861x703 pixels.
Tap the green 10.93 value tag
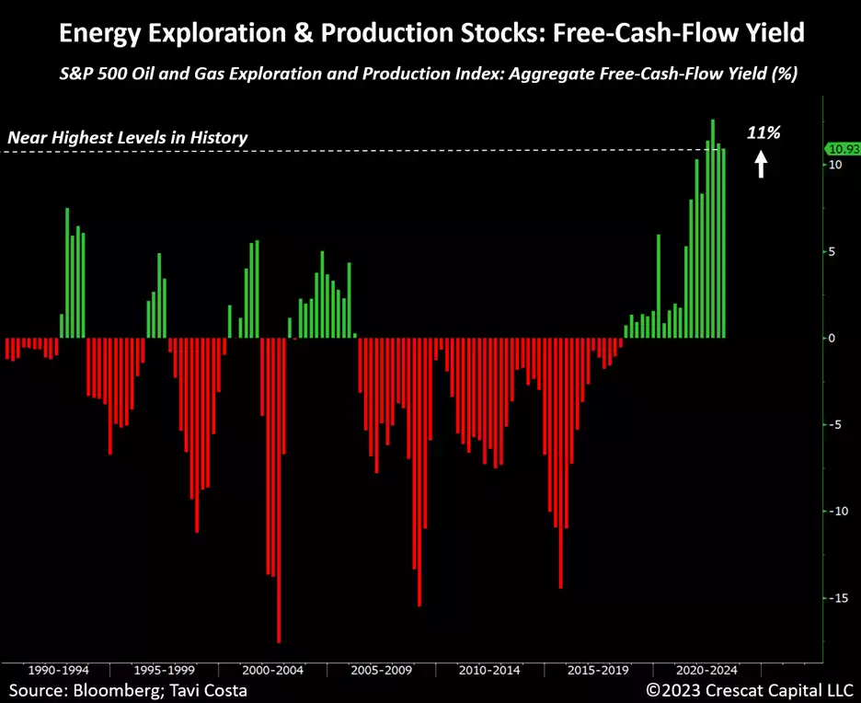coord(842,148)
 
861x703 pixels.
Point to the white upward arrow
coord(761,165)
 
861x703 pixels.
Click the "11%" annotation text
coord(763,133)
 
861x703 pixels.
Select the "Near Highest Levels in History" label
coord(127,138)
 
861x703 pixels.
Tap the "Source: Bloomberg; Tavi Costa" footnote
coord(129,689)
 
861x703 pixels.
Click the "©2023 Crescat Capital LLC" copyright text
coord(749,689)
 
